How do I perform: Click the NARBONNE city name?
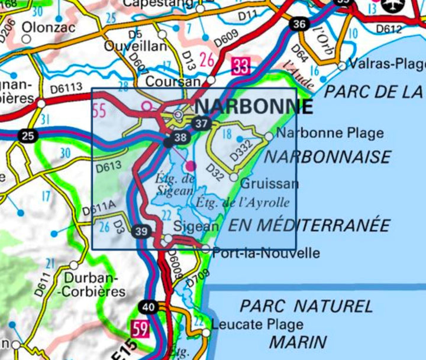coord(253,106)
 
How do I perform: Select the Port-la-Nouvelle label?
coord(266,254)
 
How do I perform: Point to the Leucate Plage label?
coord(257,325)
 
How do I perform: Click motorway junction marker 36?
coord(299,24)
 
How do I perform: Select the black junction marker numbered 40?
coord(147,306)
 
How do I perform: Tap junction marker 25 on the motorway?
coord(27,136)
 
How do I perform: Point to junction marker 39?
coord(141,231)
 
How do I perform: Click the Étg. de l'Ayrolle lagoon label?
coord(243,203)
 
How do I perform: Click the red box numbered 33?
coord(240,65)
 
